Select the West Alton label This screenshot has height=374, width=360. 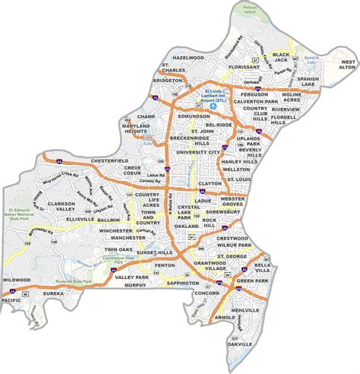point(347,63)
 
